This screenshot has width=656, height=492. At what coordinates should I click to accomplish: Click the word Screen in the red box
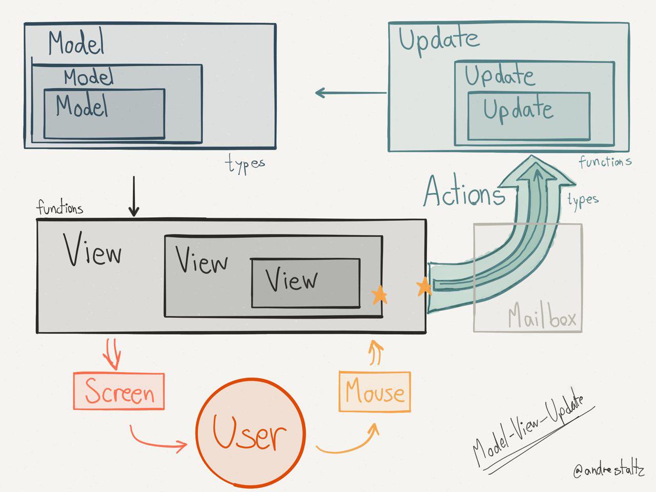[119, 392]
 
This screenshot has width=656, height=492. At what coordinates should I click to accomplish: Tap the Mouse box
[375, 392]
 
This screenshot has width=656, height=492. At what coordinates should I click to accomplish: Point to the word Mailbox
[542, 318]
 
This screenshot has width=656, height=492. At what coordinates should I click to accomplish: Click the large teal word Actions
[463, 192]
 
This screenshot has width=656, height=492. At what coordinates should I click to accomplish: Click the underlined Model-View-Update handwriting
[528, 430]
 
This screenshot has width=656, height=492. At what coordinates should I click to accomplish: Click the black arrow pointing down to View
[134, 197]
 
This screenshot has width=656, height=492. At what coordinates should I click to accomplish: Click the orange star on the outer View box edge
[424, 287]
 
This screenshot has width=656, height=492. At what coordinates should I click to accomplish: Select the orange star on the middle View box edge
[379, 295]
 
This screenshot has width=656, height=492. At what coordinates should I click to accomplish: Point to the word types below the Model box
[245, 165]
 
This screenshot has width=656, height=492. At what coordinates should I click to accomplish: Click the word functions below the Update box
[605, 162]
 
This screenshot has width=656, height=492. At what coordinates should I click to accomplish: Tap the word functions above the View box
[59, 208]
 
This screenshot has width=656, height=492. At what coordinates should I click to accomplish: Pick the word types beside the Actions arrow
[583, 199]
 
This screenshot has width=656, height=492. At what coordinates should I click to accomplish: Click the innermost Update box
[529, 116]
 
